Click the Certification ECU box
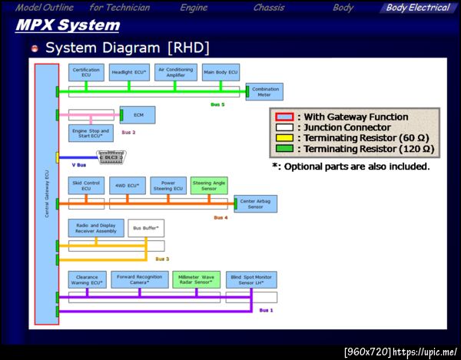[86, 73]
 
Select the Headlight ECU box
[128, 73]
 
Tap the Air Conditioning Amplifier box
[175, 73]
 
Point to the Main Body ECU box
[221, 73]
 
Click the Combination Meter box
[266, 91]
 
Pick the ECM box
[138, 115]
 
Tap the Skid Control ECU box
[86, 186]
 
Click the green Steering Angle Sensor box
[209, 186]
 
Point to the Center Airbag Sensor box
[256, 203]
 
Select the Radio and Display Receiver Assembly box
[96, 228]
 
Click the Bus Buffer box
[146, 228]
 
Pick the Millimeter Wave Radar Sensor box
[196, 279]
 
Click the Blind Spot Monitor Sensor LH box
[251, 279]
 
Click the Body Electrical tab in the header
[418, 8]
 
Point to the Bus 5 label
[217, 104]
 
